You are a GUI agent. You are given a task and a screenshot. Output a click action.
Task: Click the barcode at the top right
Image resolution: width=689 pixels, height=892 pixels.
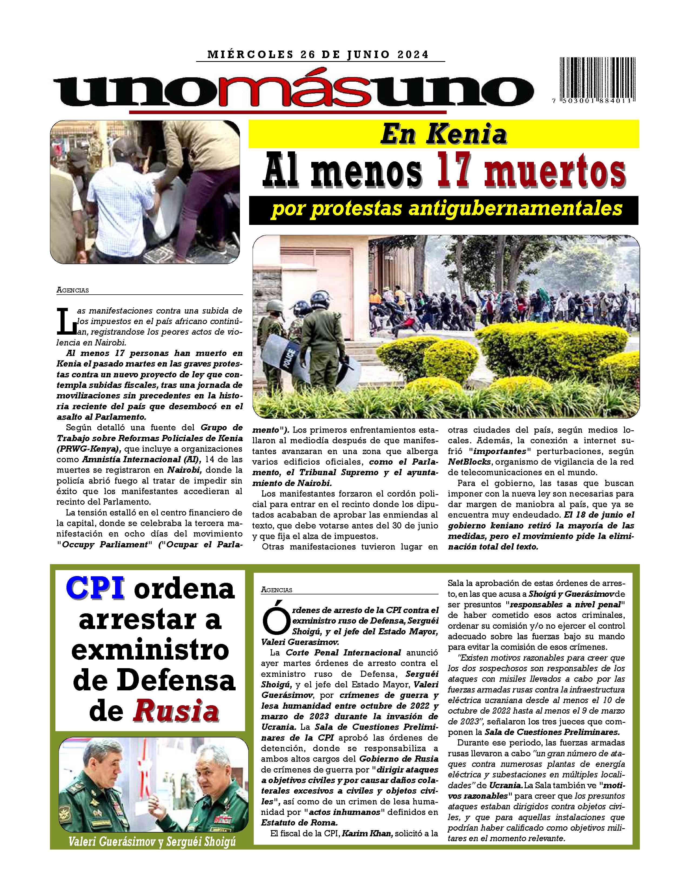[596, 80]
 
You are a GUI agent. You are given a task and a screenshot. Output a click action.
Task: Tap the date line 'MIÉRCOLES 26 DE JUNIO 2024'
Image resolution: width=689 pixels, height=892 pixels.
[318, 55]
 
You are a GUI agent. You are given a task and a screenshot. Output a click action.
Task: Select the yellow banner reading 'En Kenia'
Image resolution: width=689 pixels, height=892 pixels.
[444, 134]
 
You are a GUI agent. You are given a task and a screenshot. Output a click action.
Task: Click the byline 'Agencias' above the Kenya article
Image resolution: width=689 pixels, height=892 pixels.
[73, 290]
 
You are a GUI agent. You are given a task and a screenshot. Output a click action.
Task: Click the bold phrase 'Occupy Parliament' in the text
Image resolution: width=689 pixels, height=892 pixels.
[104, 545]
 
